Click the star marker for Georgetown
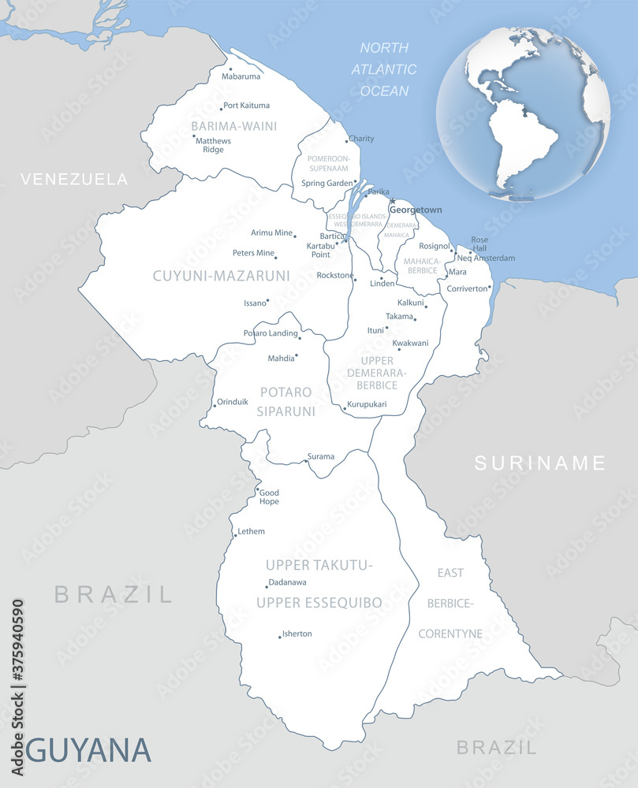pyautogui.click(x=392, y=201)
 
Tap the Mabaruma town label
pyautogui.click(x=241, y=76)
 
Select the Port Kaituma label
pyautogui.click(x=246, y=105)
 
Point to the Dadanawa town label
pyautogui.click(x=287, y=582)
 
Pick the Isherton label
pyautogui.click(x=297, y=634)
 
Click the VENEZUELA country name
pyautogui.click(x=74, y=179)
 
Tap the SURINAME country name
pyautogui.click(x=539, y=463)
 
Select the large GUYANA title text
pyautogui.click(x=88, y=749)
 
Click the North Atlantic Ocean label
pyautogui.click(x=384, y=69)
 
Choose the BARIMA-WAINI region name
pyautogui.click(x=233, y=125)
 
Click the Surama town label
pyautogui.click(x=321, y=456)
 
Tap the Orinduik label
pyautogui.click(x=233, y=401)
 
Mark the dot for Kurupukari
pyautogui.click(x=345, y=409)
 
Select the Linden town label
pyautogui.click(x=382, y=283)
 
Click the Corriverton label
pyautogui.click(x=468, y=288)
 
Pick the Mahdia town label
pyautogui.click(x=281, y=358)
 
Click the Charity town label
pyautogui.click(x=361, y=139)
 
